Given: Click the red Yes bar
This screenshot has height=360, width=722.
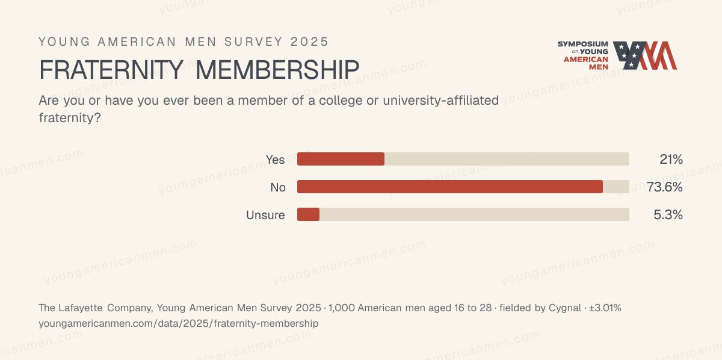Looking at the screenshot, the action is point(341,159).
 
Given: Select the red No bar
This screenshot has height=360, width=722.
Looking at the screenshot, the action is point(450,187).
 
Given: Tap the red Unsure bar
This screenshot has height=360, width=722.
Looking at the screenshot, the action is point(308,214).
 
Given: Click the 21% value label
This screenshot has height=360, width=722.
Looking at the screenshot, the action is point(671,160).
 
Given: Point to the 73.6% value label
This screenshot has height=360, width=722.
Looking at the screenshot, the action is point(665,187).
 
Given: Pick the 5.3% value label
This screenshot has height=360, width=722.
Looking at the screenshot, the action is point(668,215).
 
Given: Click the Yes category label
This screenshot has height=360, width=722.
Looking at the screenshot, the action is point(276,160).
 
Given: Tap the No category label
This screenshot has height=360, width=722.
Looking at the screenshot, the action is point(278,187).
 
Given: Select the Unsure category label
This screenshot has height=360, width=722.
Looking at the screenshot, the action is point(265,215).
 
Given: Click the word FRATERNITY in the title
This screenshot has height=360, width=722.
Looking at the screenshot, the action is point(111,70).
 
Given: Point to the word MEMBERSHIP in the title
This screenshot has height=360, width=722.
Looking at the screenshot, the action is point(277,70).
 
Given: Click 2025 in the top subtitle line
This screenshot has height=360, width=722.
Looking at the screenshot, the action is point(309,42).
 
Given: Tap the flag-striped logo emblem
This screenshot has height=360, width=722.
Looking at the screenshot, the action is point(645,55).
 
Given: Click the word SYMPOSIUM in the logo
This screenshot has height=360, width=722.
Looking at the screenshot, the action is point(583,44).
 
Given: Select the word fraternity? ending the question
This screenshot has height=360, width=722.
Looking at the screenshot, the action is point(70,118).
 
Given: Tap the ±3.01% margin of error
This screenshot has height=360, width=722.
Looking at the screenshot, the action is point(605,308).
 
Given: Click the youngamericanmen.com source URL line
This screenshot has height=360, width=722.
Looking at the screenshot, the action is point(179,323).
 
